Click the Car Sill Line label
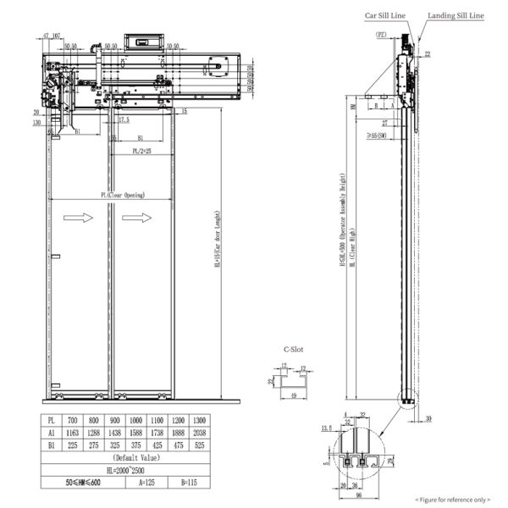(x=386, y=16)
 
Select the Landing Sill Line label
(x=455, y=16)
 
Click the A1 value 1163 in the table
(x=72, y=432)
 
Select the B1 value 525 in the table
(x=200, y=444)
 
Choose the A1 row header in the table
(x=51, y=432)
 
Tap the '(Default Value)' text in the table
(x=125, y=456)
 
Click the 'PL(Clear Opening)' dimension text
(x=123, y=195)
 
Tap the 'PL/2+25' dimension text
(x=141, y=151)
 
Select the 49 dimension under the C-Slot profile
(x=292, y=395)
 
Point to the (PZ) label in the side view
(x=381, y=35)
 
